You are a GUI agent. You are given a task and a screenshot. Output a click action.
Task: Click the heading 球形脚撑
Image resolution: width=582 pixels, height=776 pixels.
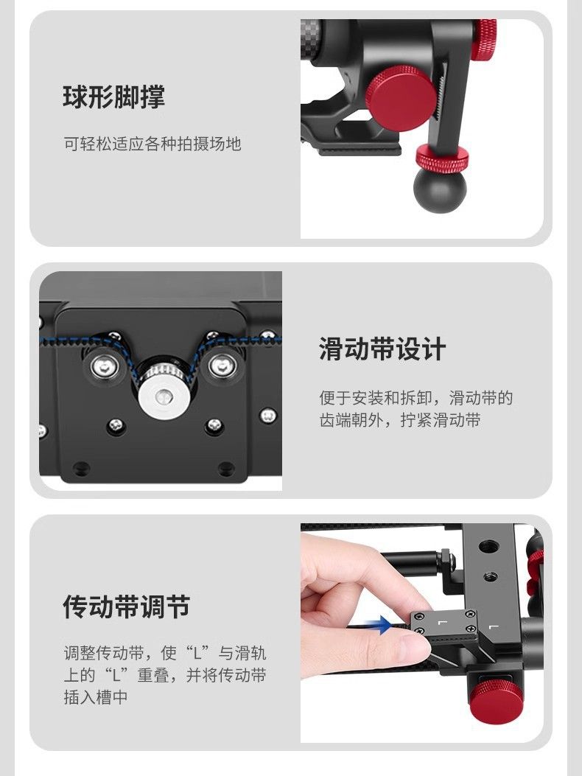point(113,97)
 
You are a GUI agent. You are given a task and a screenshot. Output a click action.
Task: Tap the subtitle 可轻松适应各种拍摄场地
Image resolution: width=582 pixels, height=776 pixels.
point(152,144)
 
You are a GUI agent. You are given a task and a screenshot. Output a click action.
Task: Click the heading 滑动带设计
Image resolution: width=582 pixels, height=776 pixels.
point(382,349)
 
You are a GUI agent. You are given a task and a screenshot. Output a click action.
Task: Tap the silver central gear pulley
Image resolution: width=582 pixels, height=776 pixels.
point(163,396)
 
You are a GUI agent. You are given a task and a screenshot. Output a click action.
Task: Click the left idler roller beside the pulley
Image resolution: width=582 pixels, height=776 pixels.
point(105,367)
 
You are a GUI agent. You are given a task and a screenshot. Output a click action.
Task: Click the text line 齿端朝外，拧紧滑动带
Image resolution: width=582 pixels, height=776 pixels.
point(400,420)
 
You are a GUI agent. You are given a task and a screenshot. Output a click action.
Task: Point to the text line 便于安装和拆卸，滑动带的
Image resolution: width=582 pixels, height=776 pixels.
point(416,397)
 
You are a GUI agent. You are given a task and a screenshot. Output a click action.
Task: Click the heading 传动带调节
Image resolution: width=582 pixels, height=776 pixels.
point(126,607)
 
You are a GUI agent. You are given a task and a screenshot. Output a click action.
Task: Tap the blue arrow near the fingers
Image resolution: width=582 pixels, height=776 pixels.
point(379,625)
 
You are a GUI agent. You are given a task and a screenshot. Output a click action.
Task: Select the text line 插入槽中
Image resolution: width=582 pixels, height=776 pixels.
point(96,697)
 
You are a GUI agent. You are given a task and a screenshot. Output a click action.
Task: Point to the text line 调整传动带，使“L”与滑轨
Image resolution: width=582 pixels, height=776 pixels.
point(165,653)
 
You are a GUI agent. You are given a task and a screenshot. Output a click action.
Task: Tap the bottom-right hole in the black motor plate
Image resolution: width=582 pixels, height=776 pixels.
point(226,468)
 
